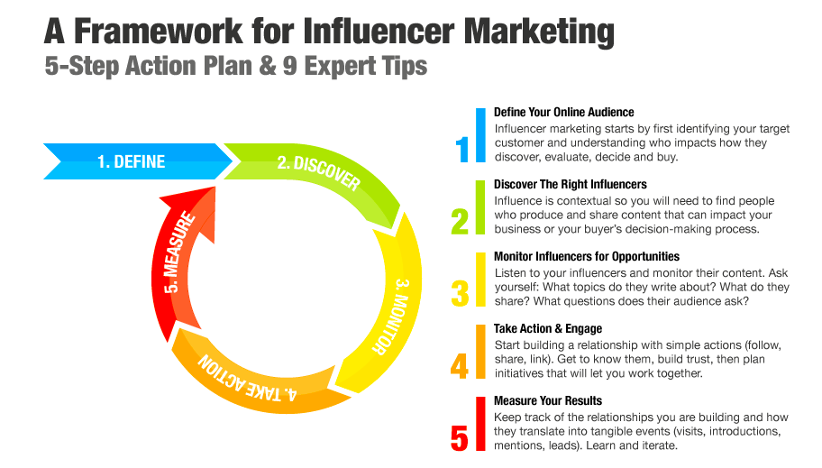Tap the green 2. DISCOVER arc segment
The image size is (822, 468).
pyautogui.click(x=325, y=172)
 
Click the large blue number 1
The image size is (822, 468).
pyautogui.click(x=461, y=149)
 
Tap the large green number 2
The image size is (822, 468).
pyautogui.click(x=460, y=221)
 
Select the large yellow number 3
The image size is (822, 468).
pyautogui.click(x=460, y=293)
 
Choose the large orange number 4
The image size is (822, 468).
pyautogui.click(x=460, y=366)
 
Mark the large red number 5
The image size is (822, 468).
pyautogui.click(x=460, y=438)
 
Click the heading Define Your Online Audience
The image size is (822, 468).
pyautogui.click(x=563, y=113)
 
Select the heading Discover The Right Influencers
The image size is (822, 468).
pyautogui.click(x=570, y=185)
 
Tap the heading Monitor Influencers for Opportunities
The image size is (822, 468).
pyautogui.click(x=587, y=257)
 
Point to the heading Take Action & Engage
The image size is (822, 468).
pyautogui.click(x=548, y=329)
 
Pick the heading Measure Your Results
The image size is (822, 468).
pyautogui.click(x=548, y=401)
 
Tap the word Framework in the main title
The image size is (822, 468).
pyautogui.click(x=159, y=32)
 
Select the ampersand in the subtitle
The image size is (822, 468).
pyautogui.click(x=268, y=66)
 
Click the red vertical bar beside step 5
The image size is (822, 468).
pyautogui.click(x=480, y=424)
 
